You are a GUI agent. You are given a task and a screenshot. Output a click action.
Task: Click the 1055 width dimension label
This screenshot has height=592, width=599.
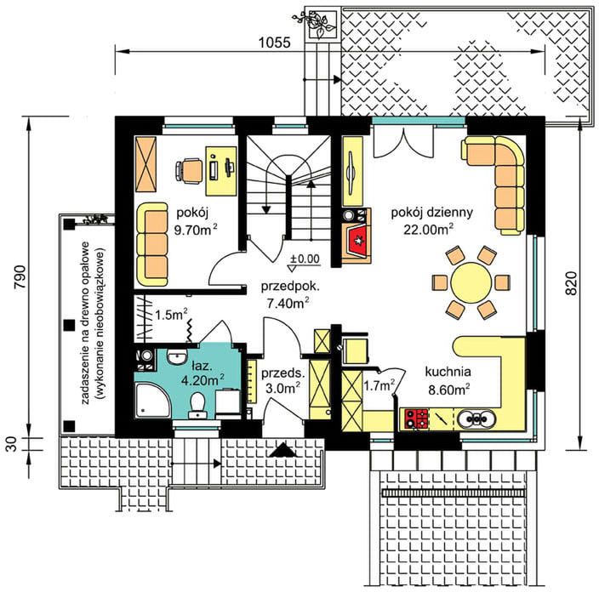274,43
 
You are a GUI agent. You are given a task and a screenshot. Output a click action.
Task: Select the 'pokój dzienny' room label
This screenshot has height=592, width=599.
431,212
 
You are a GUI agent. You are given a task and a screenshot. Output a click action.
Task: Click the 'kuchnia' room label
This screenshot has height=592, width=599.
448,371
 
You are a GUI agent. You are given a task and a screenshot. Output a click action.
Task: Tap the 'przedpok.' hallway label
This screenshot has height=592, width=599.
291,287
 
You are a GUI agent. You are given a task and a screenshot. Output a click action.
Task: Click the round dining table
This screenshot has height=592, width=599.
471,282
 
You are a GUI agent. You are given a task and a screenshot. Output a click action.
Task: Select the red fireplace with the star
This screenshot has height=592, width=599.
357,241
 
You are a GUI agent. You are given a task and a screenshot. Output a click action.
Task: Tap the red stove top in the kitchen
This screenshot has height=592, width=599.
416,418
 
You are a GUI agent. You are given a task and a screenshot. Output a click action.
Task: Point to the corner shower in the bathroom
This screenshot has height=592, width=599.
153,401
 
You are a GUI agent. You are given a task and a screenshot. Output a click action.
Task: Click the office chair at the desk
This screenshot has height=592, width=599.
189,170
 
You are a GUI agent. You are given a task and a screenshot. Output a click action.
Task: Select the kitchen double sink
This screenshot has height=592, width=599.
476,419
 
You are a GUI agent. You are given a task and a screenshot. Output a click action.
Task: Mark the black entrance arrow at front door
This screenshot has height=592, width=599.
282,450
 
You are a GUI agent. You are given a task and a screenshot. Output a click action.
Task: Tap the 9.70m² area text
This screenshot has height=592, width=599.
196,230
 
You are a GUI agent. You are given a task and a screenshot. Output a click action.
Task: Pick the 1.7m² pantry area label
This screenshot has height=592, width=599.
379,386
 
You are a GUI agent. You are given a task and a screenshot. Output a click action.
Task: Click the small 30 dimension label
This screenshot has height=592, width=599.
12,444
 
